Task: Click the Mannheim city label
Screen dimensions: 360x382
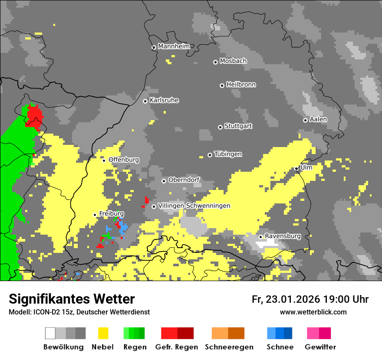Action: (174, 46)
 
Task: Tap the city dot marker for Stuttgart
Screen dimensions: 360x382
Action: (220, 127)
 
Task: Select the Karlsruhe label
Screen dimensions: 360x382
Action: (164, 100)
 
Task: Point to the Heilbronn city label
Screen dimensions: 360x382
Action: (241, 85)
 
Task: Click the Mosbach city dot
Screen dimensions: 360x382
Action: (215, 62)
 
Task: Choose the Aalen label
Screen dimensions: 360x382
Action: (318, 119)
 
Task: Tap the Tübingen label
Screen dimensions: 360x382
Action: (228, 154)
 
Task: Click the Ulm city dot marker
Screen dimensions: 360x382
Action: (296, 168)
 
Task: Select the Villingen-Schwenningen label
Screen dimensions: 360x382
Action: (194, 206)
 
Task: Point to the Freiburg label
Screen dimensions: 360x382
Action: (112, 214)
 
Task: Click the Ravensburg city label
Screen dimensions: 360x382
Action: (283, 236)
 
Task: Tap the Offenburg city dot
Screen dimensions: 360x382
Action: (104, 160)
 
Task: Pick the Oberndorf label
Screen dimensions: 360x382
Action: (184, 180)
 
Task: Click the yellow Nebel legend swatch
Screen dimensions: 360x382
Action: (103, 333)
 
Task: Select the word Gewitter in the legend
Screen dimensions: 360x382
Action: (320, 347)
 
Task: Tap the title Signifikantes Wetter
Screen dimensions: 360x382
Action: (72, 299)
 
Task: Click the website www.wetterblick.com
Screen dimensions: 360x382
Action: (313, 312)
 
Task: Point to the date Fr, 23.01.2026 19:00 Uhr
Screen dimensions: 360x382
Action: (310, 299)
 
